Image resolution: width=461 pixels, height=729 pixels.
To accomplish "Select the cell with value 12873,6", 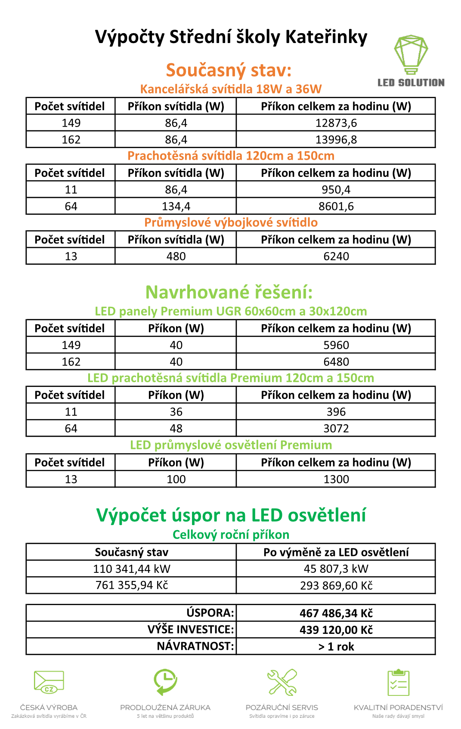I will (336, 123).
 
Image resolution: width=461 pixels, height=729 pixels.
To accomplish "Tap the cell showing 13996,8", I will (336, 140).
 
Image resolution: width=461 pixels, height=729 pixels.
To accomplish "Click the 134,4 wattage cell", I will (176, 207).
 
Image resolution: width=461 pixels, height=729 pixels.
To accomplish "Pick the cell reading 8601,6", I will (336, 207).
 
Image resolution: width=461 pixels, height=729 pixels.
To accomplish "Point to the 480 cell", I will (176, 256).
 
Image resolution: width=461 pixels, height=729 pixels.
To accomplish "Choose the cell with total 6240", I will (336, 256).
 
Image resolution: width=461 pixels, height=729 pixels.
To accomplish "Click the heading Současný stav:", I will (229, 70).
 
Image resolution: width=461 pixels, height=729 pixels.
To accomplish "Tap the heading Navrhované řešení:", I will (229, 292).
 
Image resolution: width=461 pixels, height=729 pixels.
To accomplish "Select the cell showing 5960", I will (336, 345).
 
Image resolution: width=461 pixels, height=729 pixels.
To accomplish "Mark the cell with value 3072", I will (336, 429).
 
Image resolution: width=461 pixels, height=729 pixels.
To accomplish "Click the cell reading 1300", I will (336, 479).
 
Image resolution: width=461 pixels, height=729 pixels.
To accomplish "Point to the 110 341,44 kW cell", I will (132, 569).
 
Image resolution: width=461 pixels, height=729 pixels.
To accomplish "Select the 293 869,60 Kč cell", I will (336, 586).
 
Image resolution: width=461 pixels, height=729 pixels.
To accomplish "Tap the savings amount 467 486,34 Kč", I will (336, 613).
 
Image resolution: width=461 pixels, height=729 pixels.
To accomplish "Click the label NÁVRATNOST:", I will (195, 646).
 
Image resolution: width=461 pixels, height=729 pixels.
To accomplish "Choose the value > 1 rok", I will (336, 647).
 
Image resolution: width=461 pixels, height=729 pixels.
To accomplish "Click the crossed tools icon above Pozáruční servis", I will (282, 683).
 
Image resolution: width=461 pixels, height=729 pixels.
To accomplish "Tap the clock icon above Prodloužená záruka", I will (165, 682).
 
